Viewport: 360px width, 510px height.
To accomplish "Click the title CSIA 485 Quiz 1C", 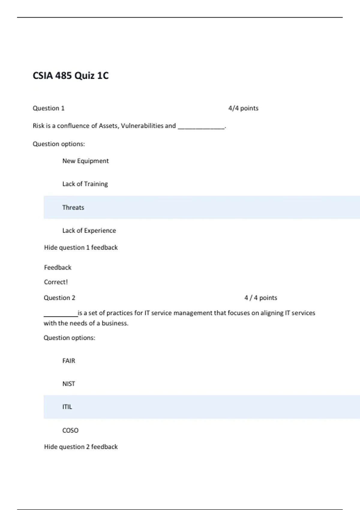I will click(70, 76).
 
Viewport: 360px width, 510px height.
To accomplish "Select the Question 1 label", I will click(49, 108).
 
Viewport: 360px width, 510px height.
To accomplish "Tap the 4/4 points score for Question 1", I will click(243, 108).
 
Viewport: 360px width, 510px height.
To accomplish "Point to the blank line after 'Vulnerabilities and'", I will click(201, 127).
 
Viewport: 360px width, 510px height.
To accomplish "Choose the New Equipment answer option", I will click(85, 161).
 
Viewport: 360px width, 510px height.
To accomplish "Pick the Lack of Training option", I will click(85, 184).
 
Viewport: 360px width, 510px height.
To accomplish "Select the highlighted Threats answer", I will click(73, 207).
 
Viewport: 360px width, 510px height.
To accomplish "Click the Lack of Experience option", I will click(89, 230).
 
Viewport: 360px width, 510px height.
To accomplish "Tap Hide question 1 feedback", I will click(81, 247).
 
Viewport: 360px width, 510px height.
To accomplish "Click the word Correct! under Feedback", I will click(56, 282).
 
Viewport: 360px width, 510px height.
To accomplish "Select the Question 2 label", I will click(59, 298).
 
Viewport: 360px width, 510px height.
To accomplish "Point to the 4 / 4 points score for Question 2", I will click(261, 298).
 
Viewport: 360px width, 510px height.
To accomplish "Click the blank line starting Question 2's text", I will click(61, 315).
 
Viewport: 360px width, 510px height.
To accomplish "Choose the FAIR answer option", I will click(69, 361).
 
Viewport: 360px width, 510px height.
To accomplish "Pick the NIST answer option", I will click(69, 384).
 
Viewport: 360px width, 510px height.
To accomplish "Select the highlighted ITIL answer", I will click(67, 407).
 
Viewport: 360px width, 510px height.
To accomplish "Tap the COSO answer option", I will click(70, 430).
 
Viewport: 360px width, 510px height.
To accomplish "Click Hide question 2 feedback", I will click(81, 447).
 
